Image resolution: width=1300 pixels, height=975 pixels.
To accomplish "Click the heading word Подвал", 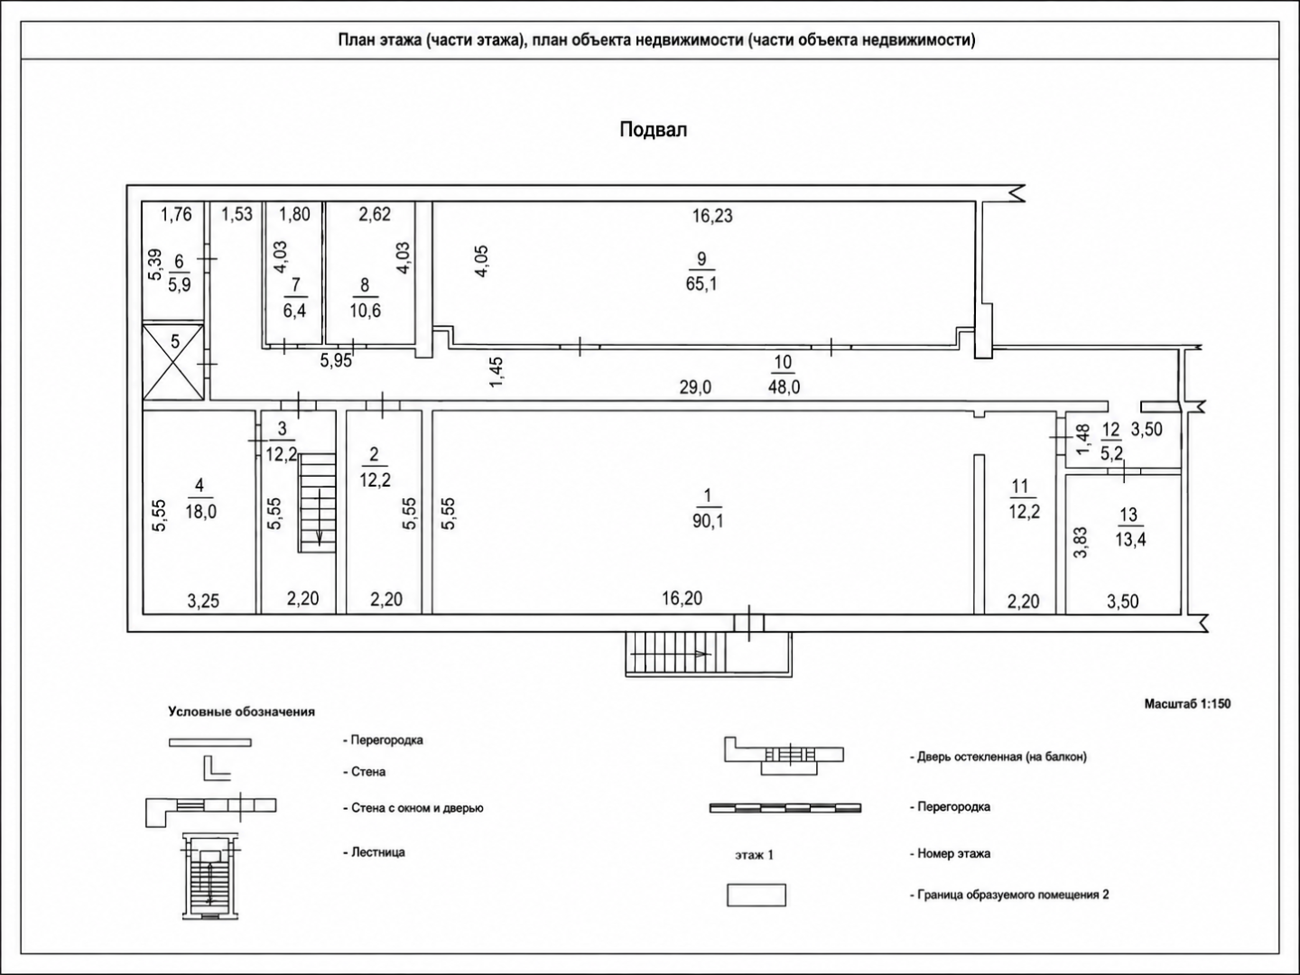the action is tap(654, 130).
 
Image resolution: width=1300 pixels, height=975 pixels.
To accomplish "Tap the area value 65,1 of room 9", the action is tap(701, 284).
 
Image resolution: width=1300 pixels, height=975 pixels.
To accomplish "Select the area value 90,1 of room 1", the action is tap(708, 522).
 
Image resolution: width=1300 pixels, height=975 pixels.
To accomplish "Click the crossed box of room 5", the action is tap(173, 362).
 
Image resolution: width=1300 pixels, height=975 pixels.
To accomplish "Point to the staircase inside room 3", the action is tap(316, 503).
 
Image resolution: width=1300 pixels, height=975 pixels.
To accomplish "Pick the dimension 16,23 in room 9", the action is tap(712, 216).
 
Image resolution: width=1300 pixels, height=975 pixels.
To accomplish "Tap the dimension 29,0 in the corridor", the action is tap(695, 388).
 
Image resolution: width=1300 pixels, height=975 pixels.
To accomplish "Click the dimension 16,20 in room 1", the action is tap(682, 599).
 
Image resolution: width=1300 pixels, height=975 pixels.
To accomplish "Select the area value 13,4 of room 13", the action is tap(1130, 540).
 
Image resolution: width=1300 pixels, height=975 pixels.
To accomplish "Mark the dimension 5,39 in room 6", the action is tap(154, 265).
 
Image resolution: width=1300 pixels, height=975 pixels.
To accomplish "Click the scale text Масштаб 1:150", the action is tap(1187, 704).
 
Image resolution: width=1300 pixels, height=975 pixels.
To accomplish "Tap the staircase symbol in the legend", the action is tap(211, 877).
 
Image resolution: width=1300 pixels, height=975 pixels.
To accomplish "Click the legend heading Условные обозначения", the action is tap(242, 711).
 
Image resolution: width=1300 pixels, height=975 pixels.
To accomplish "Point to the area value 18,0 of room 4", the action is tap(200, 512).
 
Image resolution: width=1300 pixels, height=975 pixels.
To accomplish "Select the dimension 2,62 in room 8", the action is tap(375, 214).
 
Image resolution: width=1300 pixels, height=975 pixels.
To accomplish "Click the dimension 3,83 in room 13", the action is tap(1081, 543).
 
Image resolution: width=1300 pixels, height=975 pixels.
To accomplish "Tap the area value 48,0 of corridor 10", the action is tap(784, 387).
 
